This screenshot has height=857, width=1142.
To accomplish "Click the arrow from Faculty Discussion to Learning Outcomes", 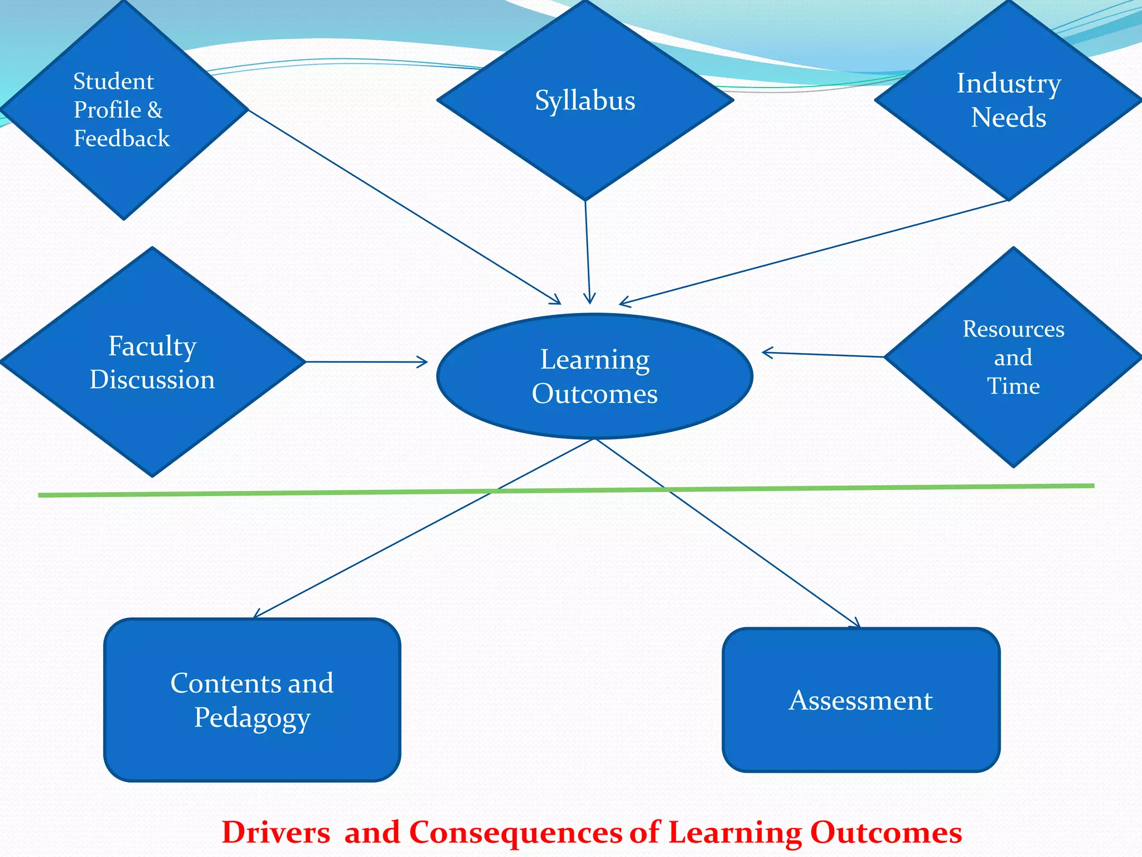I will pos(366,362).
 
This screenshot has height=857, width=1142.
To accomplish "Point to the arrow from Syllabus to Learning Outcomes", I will pos(587,251).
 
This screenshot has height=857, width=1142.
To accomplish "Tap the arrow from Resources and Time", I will pos(823,354).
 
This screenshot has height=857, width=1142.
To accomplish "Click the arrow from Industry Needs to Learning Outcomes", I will pos(814,253).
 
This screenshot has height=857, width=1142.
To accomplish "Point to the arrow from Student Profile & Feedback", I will pos(404,207).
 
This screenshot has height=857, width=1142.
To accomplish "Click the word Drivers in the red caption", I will pos(275,832).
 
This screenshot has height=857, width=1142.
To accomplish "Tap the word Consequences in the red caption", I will pos(516,832).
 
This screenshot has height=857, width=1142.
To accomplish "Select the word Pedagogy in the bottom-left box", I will pos(252,718).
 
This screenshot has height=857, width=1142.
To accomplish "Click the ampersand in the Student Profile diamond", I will pos(155,110).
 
